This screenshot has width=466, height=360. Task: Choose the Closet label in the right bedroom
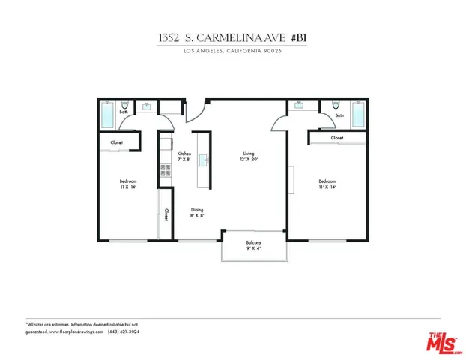tap(337, 138)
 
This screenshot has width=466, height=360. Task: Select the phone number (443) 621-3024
tap(124, 331)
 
